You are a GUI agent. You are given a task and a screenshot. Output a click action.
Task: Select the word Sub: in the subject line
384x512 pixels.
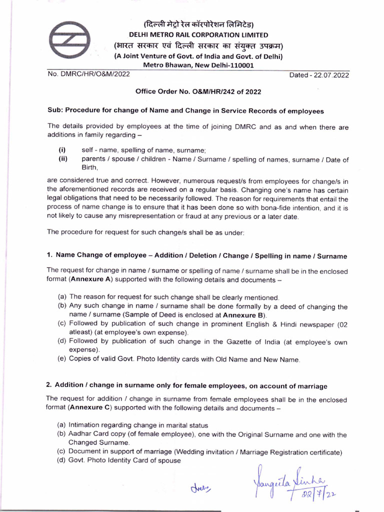point(55,110)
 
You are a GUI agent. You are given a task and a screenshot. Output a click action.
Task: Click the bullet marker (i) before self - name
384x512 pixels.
point(62,150)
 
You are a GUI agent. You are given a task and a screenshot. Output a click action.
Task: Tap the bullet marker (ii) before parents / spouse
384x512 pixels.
point(63,159)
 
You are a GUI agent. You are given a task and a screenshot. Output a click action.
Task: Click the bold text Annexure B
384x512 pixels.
point(244,315)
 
